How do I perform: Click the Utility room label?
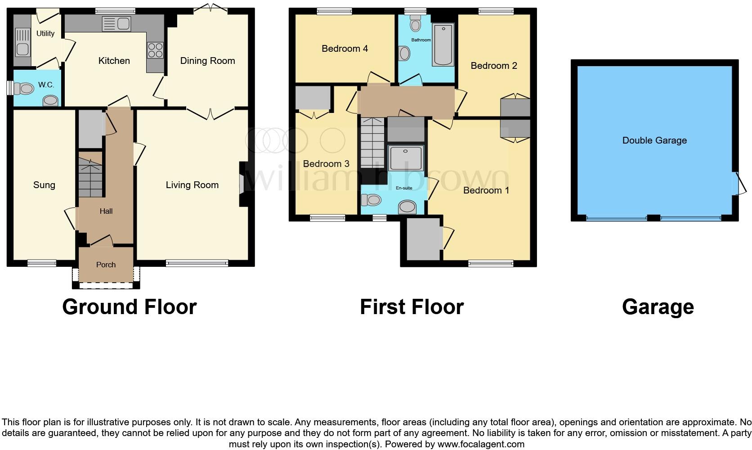[45, 33]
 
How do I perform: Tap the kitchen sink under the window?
[116, 24]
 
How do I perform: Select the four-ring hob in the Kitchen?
[155, 49]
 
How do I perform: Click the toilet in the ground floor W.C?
[24, 89]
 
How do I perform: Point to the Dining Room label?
[207, 61]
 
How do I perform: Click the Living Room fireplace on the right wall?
[242, 184]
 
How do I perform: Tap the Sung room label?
[44, 185]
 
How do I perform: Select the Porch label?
[106, 265]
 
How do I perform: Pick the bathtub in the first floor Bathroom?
[443, 45]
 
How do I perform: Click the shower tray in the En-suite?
[406, 158]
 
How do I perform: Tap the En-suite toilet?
[372, 199]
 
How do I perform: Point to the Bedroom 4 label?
[345, 49]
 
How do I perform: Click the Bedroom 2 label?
[493, 66]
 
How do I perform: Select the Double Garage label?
[654, 140]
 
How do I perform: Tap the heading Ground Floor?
[129, 307]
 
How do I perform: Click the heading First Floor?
[412, 307]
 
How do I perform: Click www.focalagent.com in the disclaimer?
[480, 444]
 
